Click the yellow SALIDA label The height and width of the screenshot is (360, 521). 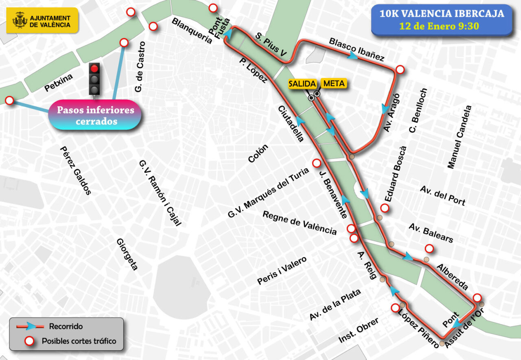302,84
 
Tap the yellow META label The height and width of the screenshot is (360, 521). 334,83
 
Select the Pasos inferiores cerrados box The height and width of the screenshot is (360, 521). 95,115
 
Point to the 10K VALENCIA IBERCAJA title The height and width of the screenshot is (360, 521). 442,14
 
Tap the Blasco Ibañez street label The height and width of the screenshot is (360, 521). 357,49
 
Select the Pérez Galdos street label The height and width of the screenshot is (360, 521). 75,171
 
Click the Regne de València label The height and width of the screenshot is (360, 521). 300,223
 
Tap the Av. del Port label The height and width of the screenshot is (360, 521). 443,195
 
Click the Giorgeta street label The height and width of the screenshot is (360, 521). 127,255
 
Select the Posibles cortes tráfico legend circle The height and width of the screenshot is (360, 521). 29,341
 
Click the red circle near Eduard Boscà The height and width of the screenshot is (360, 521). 384,208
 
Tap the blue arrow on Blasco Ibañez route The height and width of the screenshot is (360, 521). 352,57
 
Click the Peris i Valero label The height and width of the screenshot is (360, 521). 282,271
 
